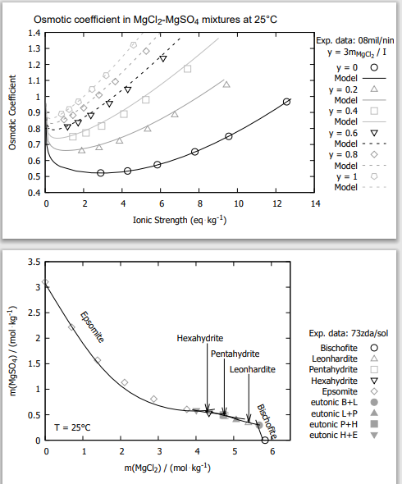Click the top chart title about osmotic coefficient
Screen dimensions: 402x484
click(x=155, y=20)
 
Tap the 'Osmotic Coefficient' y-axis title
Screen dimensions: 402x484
click(x=12, y=112)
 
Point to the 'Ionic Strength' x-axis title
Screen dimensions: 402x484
click(x=180, y=220)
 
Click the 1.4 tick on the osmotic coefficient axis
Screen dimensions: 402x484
click(x=34, y=33)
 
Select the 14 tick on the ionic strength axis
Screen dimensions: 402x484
click(x=315, y=203)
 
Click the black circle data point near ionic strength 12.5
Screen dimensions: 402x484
click(x=286, y=102)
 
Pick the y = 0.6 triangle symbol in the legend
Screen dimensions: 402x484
click(x=374, y=133)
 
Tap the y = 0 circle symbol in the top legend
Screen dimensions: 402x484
click(x=374, y=67)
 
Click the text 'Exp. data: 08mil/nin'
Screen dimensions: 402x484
click(x=354, y=40)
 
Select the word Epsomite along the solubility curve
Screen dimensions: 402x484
click(x=92, y=327)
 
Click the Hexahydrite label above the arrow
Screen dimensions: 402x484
click(x=199, y=338)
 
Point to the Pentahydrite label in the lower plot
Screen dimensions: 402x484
click(x=235, y=354)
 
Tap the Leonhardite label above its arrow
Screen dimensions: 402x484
click(x=252, y=369)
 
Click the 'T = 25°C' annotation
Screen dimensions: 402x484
click(x=72, y=427)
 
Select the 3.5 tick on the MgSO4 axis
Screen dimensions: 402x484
click(x=34, y=262)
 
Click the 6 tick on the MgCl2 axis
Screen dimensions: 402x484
click(x=272, y=451)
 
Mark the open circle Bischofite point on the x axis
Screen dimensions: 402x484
click(x=265, y=440)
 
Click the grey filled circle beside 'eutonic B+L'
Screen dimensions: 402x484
click(x=374, y=402)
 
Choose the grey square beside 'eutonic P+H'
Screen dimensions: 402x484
click(x=374, y=424)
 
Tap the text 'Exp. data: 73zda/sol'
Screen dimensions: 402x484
click(x=349, y=333)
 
